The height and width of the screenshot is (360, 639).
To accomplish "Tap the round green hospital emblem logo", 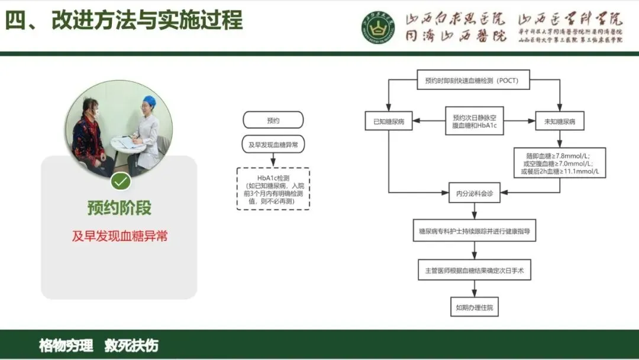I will [378, 27].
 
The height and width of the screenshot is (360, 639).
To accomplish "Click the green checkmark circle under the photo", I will [121, 181].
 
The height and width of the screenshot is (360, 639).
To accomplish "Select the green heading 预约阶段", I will [120, 208].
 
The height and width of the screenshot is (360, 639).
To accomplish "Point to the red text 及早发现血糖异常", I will [120, 236].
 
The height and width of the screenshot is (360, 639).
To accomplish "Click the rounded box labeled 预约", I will [273, 120].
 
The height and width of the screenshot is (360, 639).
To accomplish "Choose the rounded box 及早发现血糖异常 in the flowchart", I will [273, 144].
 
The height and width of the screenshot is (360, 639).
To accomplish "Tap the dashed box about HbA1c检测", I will [273, 188].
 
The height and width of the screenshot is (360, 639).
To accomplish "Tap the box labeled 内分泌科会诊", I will [474, 193].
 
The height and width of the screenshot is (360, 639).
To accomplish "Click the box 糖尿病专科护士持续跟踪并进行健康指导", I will [474, 230].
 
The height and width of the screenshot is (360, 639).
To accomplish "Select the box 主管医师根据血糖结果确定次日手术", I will [474, 269].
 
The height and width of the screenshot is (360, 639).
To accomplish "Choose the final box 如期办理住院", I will [474, 307].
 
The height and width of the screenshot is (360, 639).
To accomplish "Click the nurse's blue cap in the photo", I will [150, 101].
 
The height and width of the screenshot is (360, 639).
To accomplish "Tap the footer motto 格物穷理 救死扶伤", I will [99, 345].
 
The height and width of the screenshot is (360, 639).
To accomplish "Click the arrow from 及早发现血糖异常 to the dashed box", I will [273, 160].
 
